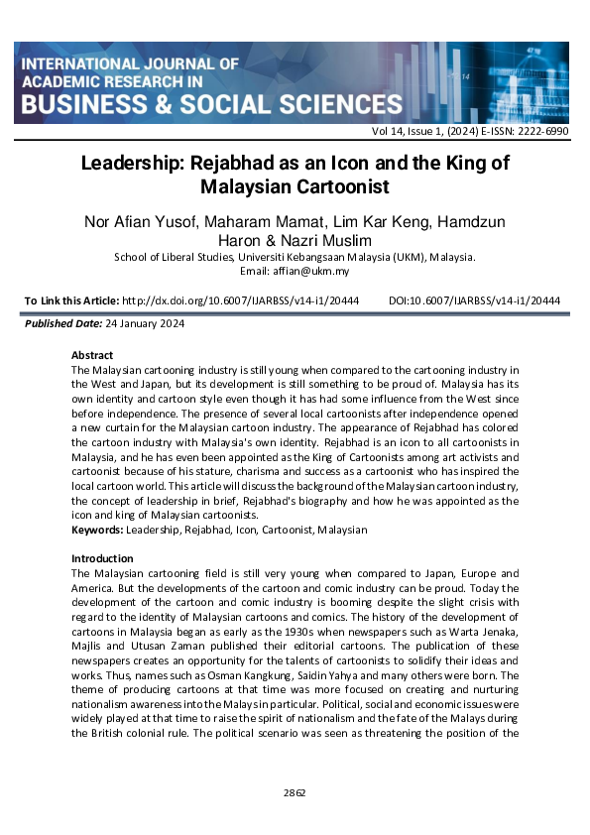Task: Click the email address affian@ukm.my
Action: [x=315, y=271]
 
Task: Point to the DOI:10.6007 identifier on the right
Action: [x=475, y=299]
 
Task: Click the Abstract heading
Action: [x=92, y=355]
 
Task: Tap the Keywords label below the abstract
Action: [x=97, y=530]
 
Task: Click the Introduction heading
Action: [x=102, y=558]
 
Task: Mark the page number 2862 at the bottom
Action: [x=295, y=792]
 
